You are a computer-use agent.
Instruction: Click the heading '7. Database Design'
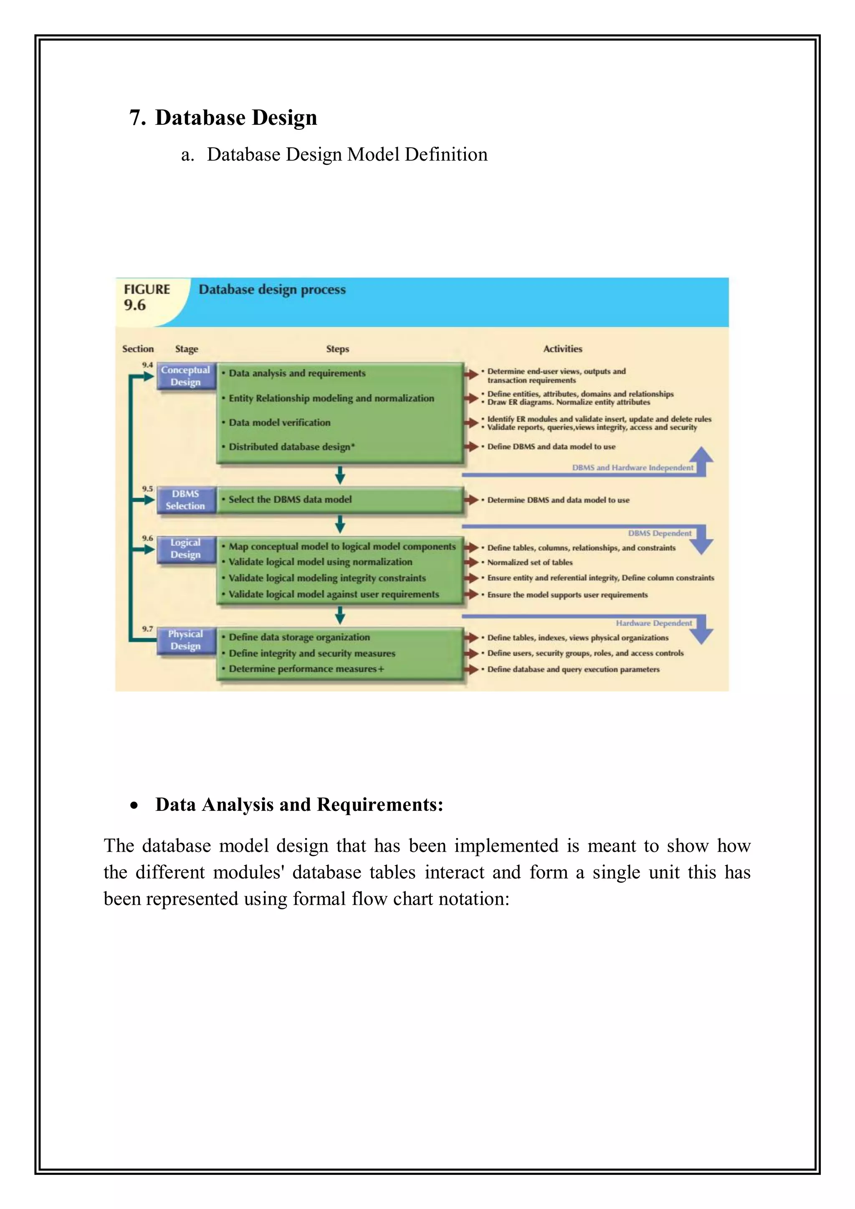click(223, 117)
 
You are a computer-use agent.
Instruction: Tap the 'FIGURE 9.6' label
click(146, 297)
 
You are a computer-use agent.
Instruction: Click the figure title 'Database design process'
click(272, 289)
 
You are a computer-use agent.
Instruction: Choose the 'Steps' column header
click(337, 348)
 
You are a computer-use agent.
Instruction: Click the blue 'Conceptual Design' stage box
click(185, 376)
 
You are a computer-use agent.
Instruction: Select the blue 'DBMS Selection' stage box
click(185, 500)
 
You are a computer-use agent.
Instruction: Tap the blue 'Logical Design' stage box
click(185, 549)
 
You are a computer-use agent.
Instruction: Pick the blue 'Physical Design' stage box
click(185, 640)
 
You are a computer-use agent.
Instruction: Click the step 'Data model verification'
click(279, 422)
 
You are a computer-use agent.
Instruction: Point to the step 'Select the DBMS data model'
click(290, 499)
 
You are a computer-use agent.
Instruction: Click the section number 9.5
click(147, 489)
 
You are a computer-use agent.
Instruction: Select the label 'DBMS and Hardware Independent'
click(632, 467)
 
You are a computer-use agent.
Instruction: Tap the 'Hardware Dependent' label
click(654, 623)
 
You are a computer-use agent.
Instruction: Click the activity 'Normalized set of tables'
click(529, 563)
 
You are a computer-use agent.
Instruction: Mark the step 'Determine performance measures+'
click(306, 669)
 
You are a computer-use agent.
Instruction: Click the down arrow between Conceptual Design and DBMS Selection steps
click(340, 475)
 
